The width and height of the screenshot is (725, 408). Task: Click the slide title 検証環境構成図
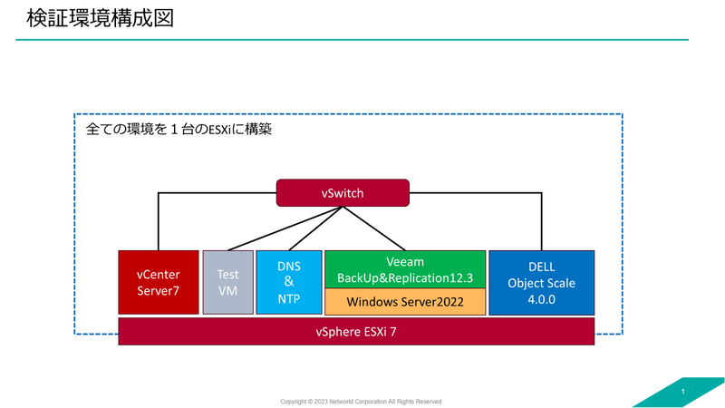click(100, 18)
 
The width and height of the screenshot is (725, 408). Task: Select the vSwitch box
click(343, 193)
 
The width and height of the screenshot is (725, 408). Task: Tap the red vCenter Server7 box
click(158, 282)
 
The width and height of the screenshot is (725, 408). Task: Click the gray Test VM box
click(228, 282)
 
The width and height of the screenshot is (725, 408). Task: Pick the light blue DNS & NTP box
click(289, 282)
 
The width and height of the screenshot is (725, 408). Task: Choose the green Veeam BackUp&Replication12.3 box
click(405, 269)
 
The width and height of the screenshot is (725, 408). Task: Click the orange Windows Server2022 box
click(405, 302)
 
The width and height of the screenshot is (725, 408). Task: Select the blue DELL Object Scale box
click(541, 283)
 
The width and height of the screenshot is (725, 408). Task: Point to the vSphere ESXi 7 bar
click(356, 331)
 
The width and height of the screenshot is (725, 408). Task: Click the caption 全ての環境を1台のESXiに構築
click(179, 129)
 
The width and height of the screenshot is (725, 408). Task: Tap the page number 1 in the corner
click(683, 392)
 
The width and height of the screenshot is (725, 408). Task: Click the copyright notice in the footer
click(362, 402)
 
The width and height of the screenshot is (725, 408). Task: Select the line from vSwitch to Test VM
click(285, 228)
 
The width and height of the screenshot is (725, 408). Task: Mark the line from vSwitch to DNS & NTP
click(315, 228)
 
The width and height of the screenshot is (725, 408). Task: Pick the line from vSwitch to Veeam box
click(374, 228)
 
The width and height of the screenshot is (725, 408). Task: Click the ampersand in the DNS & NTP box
click(289, 282)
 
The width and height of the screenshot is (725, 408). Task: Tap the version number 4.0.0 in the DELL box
click(541, 299)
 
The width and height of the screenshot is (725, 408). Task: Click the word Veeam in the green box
click(405, 262)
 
